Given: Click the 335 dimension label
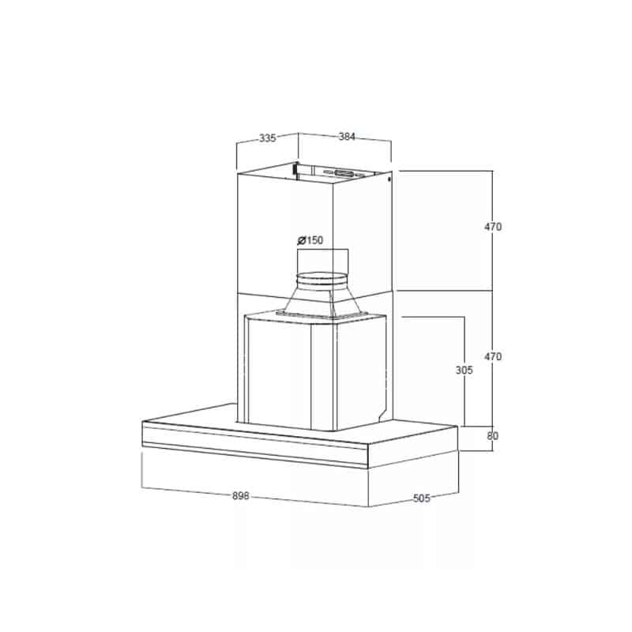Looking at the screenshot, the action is (x=267, y=138).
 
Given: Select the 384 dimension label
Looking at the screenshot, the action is (x=347, y=137).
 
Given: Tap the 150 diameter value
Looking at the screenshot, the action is (x=314, y=240).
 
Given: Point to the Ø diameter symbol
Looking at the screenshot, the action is (x=302, y=241).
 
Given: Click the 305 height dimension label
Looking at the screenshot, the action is (x=464, y=370).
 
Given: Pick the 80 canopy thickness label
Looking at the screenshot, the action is (x=492, y=436).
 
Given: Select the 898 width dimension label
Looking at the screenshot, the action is (x=241, y=496).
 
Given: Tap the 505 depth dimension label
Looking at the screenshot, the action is (x=422, y=498).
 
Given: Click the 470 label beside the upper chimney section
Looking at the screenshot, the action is (x=493, y=227).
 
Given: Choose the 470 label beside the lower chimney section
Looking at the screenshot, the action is (x=493, y=357).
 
